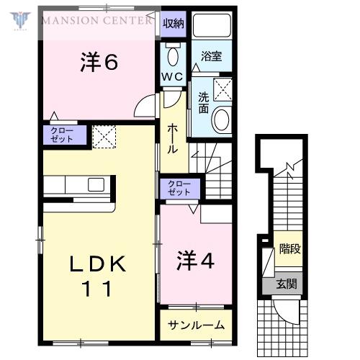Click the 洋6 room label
click(99, 62)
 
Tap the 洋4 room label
click(195, 261)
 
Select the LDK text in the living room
click(98, 264)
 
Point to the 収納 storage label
click(174, 23)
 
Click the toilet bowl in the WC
click(173, 57)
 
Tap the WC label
click(172, 77)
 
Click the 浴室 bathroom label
click(212, 56)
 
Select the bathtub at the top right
click(212, 25)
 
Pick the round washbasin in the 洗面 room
click(221, 120)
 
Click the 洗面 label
click(203, 103)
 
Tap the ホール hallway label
click(173, 139)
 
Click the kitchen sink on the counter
click(96, 184)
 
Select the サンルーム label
click(196, 325)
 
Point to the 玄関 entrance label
click(287, 284)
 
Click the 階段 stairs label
click(290, 248)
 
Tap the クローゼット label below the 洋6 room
click(62, 135)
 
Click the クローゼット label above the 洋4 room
click(179, 188)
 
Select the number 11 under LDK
click(97, 289)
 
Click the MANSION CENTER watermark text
click(97, 20)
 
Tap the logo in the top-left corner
click(20, 21)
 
